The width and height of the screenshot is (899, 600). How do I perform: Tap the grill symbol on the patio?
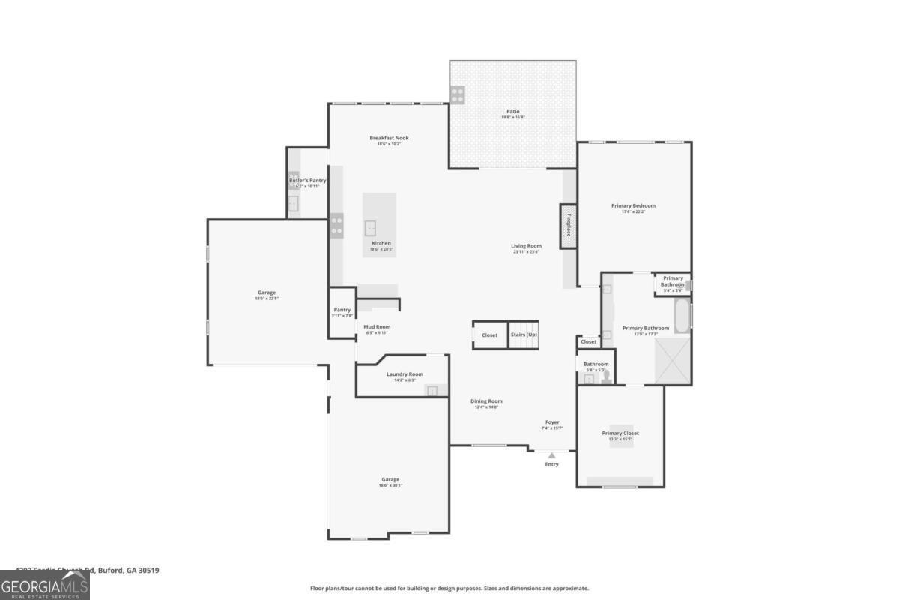[457, 94]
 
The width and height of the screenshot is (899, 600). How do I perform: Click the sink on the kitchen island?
[370, 227]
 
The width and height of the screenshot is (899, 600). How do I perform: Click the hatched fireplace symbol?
[569, 225]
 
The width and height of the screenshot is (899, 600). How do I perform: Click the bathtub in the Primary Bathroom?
[682, 316]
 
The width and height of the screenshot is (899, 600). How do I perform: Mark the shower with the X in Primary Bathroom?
[672, 361]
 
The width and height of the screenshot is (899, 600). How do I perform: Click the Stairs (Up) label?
[524, 334]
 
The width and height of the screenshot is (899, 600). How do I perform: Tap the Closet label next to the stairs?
[489, 335]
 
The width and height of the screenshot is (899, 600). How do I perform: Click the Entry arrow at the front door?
[552, 455]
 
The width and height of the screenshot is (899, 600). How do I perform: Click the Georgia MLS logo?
[45, 586]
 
